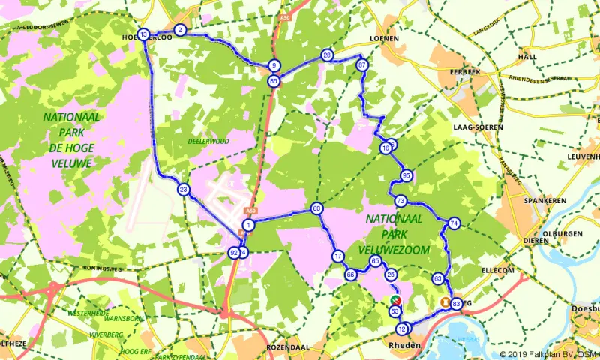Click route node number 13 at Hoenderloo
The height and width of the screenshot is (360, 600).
point(143,34)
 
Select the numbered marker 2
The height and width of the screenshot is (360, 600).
point(180,30)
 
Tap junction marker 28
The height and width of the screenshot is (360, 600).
point(327,55)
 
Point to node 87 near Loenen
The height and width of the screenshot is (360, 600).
point(362,65)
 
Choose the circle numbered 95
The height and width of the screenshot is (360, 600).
point(406,176)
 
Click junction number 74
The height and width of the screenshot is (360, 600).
point(454,223)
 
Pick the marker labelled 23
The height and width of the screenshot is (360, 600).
point(184,190)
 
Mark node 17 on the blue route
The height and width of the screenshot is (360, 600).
point(338,256)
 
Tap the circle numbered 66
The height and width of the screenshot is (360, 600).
point(350,274)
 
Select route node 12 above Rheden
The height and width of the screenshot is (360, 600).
point(403,328)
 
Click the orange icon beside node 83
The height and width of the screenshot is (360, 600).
point(445,303)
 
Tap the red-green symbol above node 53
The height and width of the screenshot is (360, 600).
point(394,300)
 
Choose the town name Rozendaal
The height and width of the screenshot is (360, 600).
point(287,349)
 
